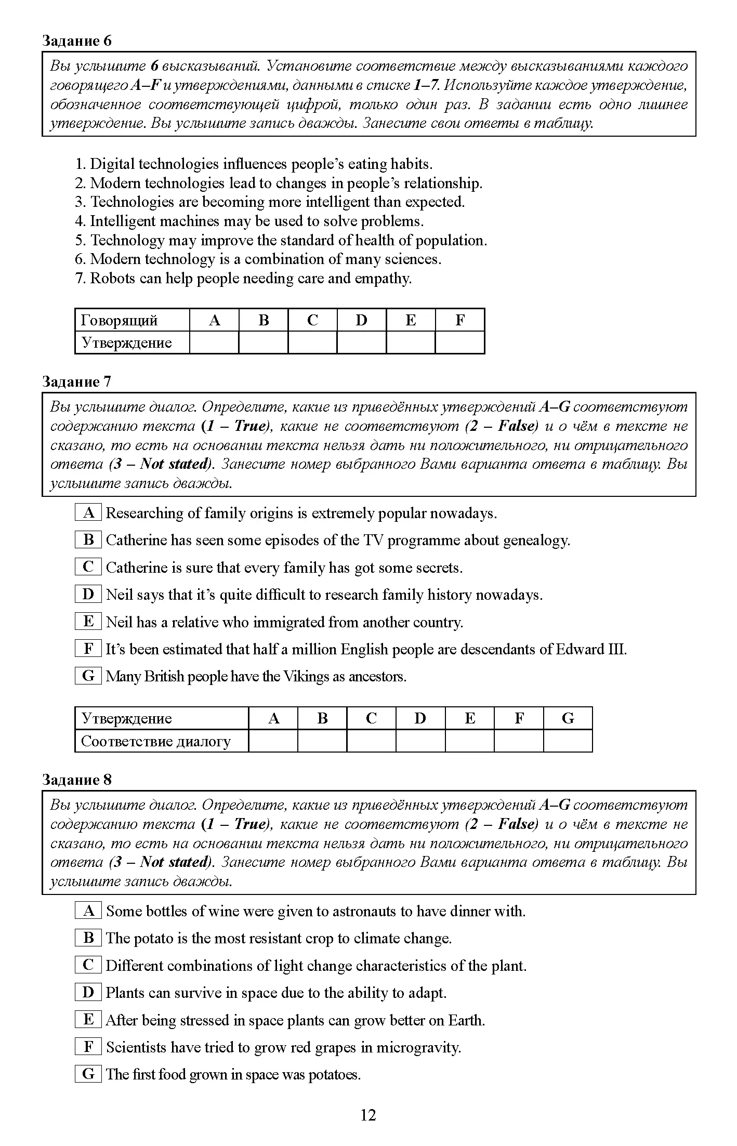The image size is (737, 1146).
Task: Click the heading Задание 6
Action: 77,41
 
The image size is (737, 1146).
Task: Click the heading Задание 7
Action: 77,381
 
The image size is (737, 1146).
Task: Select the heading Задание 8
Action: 77,780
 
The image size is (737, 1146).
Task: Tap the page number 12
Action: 368,1115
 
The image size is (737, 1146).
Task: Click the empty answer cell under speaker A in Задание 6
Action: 214,343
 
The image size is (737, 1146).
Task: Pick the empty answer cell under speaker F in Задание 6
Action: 460,343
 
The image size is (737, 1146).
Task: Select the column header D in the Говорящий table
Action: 361,320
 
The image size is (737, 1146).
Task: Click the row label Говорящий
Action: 120,320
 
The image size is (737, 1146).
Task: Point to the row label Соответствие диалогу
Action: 156,741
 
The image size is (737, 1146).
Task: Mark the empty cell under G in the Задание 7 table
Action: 568,741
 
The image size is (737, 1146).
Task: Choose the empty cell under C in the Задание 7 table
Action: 371,741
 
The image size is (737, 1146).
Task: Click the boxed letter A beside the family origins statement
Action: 88,513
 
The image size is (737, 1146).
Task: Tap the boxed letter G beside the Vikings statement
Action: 88,676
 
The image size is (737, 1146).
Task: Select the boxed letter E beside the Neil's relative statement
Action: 88,622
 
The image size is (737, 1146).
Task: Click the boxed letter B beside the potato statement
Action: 88,938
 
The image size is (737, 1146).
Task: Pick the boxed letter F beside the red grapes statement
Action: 88,1047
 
